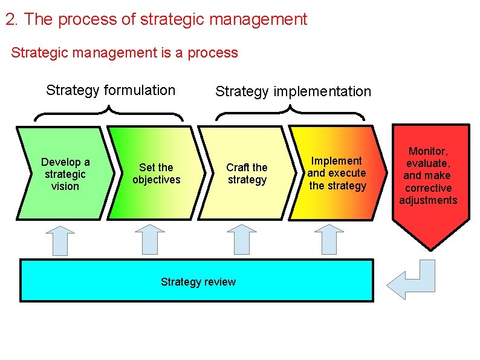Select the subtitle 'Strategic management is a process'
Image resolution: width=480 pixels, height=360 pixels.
[x=125, y=53]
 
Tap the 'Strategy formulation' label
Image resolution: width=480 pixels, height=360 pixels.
[x=111, y=91]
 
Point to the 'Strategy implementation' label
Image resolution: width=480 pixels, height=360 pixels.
[x=293, y=92]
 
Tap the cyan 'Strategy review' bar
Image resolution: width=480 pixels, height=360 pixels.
[x=197, y=281]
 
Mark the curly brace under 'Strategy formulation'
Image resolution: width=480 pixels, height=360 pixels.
[x=109, y=113]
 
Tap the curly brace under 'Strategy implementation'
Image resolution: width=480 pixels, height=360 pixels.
[x=290, y=113]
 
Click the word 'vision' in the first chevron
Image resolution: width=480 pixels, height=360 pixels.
[x=65, y=186]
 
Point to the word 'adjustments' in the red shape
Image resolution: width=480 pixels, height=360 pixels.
[x=428, y=200]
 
